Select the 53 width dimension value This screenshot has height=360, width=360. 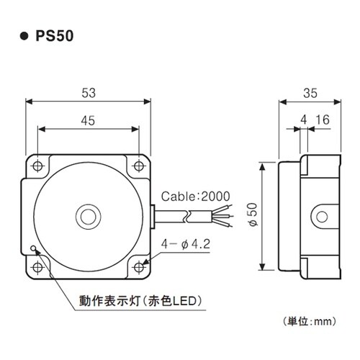click(89, 93)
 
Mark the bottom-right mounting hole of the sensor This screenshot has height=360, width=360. click(140, 267)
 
